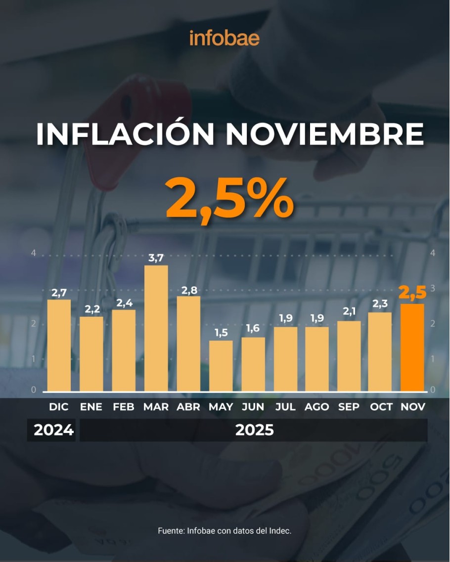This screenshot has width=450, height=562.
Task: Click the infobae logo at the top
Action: (x=225, y=38)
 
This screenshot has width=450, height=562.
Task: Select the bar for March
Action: (x=156, y=329)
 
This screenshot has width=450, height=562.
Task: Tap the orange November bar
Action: (x=412, y=347)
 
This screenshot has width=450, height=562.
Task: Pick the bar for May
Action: (x=221, y=366)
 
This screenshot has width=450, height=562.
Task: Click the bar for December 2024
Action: (x=59, y=345)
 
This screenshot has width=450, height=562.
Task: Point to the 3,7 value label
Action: (x=156, y=258)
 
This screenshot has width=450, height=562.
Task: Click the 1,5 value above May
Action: (x=221, y=333)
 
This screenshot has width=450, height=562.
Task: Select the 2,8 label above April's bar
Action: (x=188, y=289)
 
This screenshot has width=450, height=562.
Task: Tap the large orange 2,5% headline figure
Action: (x=230, y=199)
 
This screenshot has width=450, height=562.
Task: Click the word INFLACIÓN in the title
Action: (x=125, y=133)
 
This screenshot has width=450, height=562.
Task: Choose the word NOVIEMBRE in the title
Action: (x=324, y=133)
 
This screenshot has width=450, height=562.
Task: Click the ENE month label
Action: (x=91, y=407)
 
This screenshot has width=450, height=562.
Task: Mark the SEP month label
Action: (x=349, y=407)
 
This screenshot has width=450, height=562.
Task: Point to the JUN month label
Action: (x=253, y=407)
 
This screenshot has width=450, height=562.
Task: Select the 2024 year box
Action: (x=53, y=430)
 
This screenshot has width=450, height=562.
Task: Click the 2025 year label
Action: (x=254, y=430)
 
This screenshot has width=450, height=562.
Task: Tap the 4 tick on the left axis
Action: (x=34, y=253)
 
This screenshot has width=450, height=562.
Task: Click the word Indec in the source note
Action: (x=280, y=531)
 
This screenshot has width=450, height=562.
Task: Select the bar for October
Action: (x=380, y=351)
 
